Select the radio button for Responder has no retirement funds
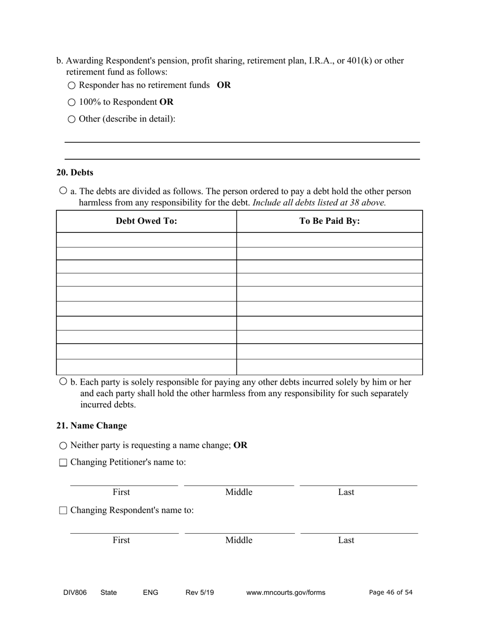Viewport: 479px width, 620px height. click(x=71, y=86)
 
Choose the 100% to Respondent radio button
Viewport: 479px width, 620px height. click(x=71, y=102)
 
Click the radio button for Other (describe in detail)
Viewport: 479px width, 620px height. click(x=71, y=119)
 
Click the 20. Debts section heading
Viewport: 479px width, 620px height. click(x=75, y=172)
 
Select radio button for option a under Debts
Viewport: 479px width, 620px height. click(x=63, y=191)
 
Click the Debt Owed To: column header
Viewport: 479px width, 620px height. click(x=146, y=221)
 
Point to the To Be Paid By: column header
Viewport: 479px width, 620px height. click(x=329, y=221)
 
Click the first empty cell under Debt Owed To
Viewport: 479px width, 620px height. click(x=146, y=239)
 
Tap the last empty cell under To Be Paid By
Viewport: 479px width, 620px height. click(x=329, y=367)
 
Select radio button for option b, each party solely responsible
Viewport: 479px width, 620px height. click(x=63, y=381)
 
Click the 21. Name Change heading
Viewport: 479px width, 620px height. click(x=91, y=425)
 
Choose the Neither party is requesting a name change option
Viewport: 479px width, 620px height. click(x=63, y=446)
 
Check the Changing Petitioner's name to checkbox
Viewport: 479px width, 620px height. click(x=63, y=463)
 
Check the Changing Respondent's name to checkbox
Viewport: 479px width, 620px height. click(x=63, y=511)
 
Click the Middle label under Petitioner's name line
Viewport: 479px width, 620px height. click(x=238, y=492)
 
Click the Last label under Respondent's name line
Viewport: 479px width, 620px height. click(x=346, y=540)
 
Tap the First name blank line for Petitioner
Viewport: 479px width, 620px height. click(x=124, y=481)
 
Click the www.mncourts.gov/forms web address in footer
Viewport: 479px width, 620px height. click(x=285, y=593)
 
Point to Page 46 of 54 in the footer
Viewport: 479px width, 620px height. click(x=391, y=592)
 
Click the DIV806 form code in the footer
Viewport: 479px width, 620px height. click(x=75, y=593)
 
